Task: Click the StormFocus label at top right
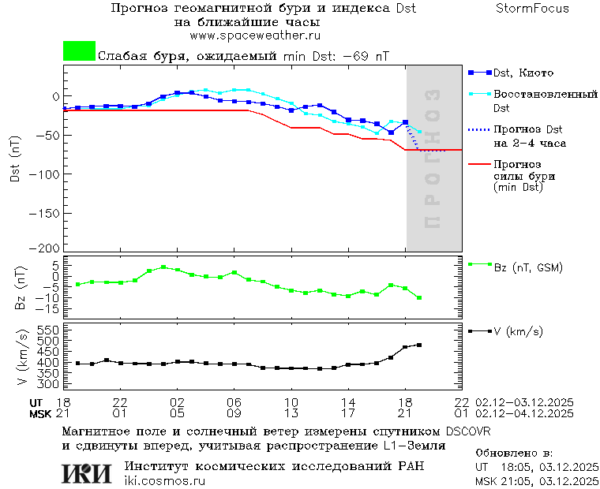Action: [x=532, y=9]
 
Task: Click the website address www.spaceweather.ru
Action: [x=254, y=35]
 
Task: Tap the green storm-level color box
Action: [x=79, y=51]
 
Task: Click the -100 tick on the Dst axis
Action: [x=45, y=174]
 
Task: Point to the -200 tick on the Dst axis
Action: [x=45, y=248]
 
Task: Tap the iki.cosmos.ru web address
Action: [x=164, y=481]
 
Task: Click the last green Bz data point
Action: [x=419, y=297]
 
